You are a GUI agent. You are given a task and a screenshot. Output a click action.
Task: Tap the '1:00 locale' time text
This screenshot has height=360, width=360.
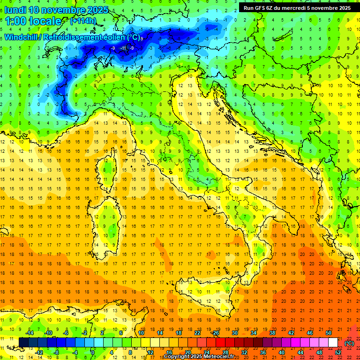pyautogui.click(x=33, y=21)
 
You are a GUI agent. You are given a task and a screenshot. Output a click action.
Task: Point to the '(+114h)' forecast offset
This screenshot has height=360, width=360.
pyautogui.click(x=83, y=21)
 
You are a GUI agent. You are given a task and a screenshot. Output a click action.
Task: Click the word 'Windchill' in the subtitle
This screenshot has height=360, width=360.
pyautogui.click(x=22, y=37)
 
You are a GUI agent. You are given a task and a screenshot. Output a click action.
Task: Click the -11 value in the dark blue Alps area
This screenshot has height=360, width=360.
pyautogui.click(x=123, y=48)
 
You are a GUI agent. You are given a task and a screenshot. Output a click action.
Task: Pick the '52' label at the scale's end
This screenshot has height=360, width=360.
pyautogui.click(x=338, y=352)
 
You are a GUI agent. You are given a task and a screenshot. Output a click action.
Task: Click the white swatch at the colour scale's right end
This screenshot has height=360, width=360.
pyautogui.click(x=333, y=342)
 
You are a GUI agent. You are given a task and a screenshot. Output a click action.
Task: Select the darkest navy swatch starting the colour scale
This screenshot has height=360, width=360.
pyautogui.click(x=23, y=342)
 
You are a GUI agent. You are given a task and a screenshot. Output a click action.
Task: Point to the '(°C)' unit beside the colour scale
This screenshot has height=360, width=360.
pyautogui.click(x=349, y=343)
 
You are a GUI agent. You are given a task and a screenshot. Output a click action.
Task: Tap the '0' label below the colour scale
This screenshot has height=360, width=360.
pyautogui.click(x=93, y=352)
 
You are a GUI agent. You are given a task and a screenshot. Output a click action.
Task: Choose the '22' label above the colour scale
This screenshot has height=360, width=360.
pyautogui.click(x=197, y=333)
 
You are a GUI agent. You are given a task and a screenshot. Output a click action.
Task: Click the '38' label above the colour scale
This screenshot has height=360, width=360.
pyautogui.click(x=272, y=333)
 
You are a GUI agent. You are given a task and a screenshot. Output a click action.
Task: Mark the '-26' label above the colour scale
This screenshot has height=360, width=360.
pyautogui.click(x=216, y=333)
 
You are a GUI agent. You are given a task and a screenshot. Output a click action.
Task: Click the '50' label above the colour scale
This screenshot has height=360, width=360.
pyautogui.click(x=329, y=333)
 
